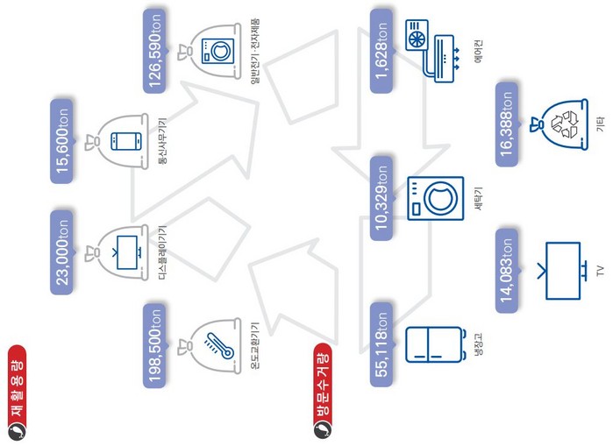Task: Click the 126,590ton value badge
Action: [x=159, y=48]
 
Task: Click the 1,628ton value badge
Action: [x=382, y=51]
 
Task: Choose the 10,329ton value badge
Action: [x=382, y=198]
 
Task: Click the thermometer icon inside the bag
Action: [x=212, y=344]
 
